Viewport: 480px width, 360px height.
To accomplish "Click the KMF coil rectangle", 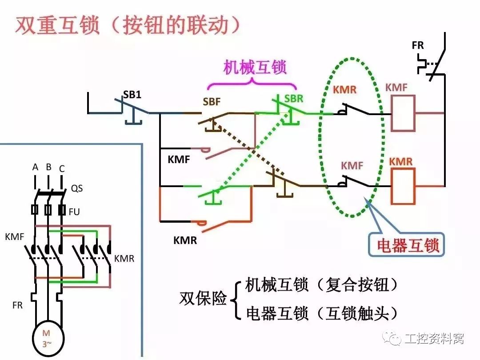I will [403, 113].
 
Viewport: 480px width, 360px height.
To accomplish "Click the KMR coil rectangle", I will [403, 185].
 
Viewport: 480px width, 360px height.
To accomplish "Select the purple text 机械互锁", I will [255, 67].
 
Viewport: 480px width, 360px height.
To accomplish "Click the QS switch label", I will [76, 188].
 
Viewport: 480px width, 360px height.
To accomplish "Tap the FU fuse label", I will [74, 212].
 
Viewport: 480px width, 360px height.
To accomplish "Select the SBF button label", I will [212, 102].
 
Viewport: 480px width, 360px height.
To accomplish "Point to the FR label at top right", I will [418, 45].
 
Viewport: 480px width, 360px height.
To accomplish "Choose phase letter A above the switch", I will [35, 168].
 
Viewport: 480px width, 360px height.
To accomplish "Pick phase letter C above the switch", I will [62, 168].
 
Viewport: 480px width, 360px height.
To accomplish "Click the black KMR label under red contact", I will [185, 240].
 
